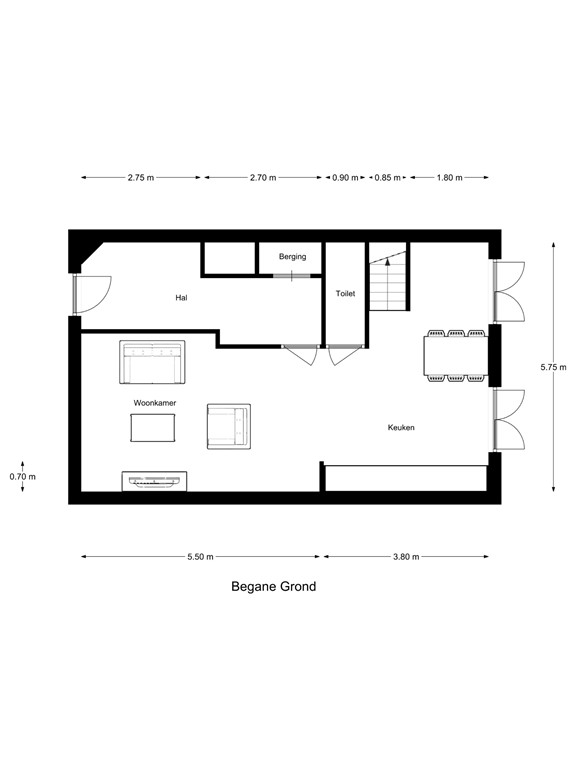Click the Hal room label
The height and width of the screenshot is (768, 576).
(181, 297)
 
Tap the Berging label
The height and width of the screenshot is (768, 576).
(292, 257)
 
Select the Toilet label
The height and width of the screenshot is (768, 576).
(345, 295)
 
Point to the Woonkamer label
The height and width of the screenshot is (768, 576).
(154, 402)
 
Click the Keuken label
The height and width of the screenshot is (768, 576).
(401, 427)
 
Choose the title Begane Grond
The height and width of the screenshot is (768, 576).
(273, 587)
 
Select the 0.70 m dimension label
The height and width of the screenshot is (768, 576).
(22, 476)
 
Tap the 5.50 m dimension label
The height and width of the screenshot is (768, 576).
(199, 557)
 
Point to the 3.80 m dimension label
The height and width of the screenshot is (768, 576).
(406, 557)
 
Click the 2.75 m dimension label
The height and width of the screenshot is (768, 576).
(141, 178)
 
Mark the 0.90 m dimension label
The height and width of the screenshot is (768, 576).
(344, 178)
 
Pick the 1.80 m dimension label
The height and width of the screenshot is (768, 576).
(450, 178)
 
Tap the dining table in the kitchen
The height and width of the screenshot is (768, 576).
(455, 355)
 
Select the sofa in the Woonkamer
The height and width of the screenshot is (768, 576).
(152, 361)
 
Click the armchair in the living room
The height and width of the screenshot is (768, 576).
(228, 426)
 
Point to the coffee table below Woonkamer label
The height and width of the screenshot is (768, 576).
(153, 428)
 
